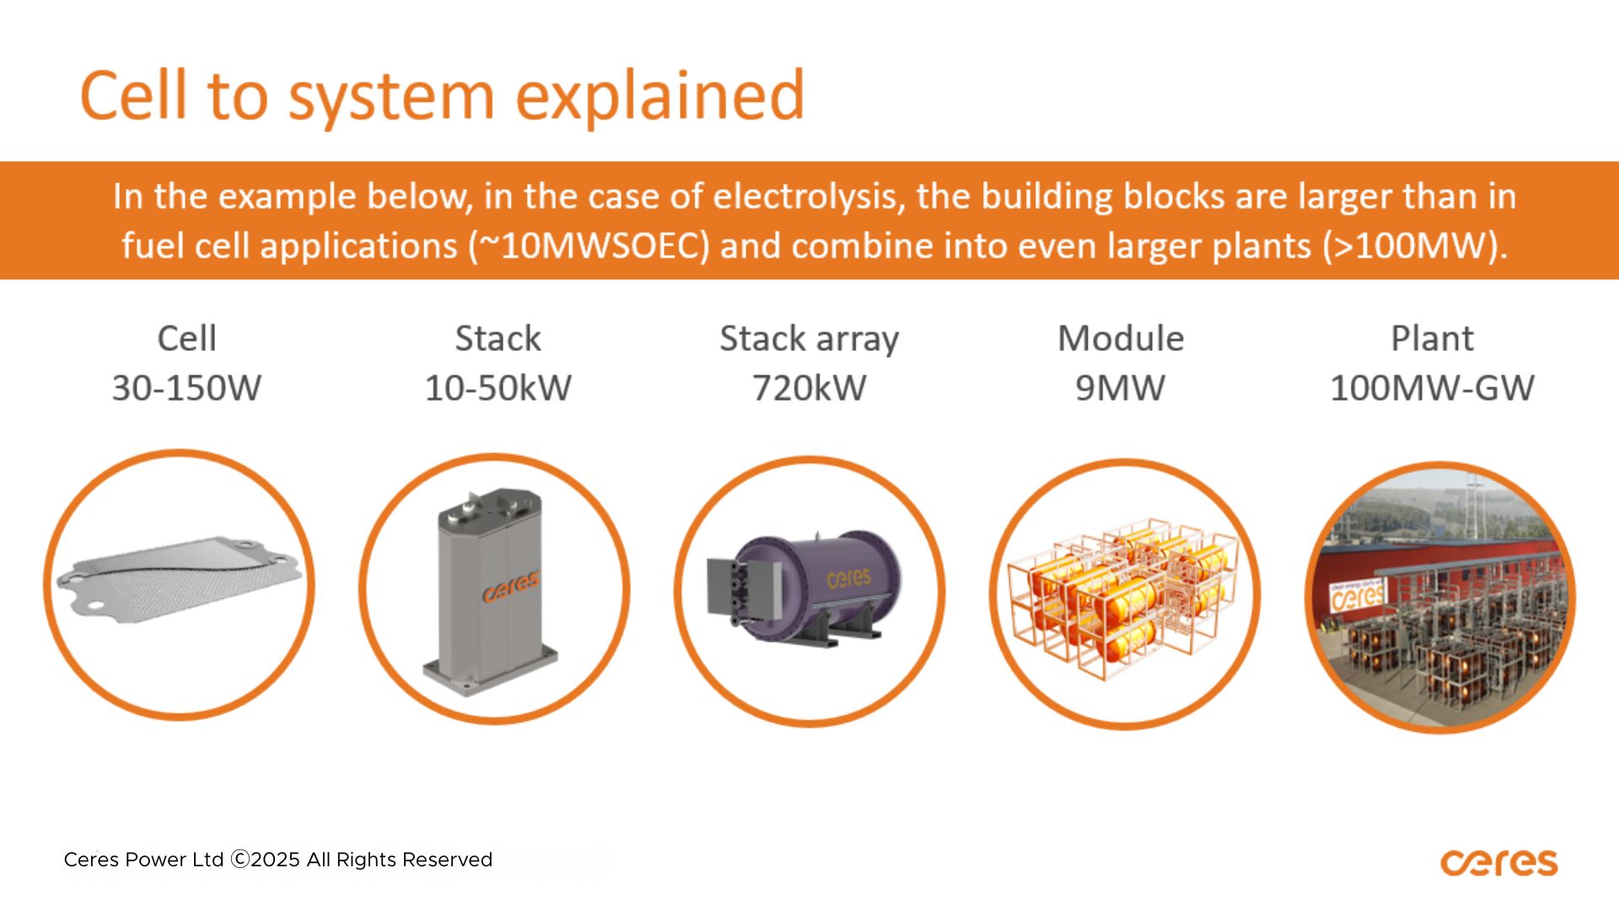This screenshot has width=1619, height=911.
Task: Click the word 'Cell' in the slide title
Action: pyautogui.click(x=133, y=94)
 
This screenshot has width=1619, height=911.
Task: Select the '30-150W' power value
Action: pyautogui.click(x=186, y=388)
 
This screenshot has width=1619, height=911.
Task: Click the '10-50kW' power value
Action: pyautogui.click(x=498, y=388)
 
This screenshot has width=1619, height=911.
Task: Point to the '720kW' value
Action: pyautogui.click(x=809, y=388)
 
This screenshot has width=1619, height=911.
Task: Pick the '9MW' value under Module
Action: pyautogui.click(x=1121, y=388)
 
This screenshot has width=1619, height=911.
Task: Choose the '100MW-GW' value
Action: pyautogui.click(x=1433, y=388)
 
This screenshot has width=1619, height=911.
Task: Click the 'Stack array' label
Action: pyautogui.click(x=809, y=339)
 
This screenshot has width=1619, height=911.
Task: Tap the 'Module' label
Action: pyautogui.click(x=1121, y=338)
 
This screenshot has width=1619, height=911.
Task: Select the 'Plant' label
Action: pyautogui.click(x=1433, y=338)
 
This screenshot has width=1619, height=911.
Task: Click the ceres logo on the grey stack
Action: pyautogui.click(x=511, y=588)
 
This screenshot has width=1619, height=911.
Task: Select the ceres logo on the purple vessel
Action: pyautogui.click(x=849, y=578)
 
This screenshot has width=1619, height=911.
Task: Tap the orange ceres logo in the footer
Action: pyautogui.click(x=1498, y=863)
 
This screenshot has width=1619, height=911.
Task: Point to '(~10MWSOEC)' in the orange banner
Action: pyautogui.click(x=589, y=246)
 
